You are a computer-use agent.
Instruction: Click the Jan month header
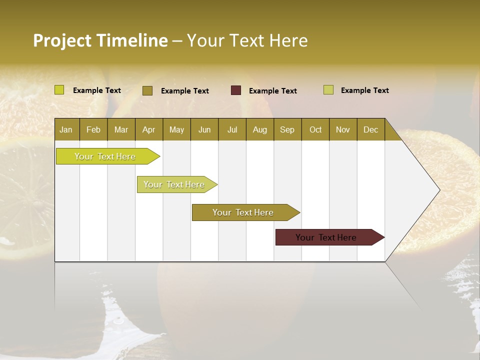click(x=66, y=129)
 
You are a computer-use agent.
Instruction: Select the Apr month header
click(x=149, y=129)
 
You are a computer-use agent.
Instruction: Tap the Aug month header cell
click(x=260, y=129)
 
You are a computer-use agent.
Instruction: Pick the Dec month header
click(x=370, y=129)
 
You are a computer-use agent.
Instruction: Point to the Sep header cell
click(x=287, y=129)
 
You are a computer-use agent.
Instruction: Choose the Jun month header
click(x=204, y=129)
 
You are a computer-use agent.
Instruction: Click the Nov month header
click(x=343, y=129)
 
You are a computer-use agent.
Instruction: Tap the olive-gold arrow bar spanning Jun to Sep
click(x=243, y=212)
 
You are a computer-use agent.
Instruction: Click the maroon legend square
click(x=236, y=90)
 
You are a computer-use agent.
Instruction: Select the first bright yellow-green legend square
click(x=59, y=90)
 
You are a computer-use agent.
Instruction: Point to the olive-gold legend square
click(x=147, y=90)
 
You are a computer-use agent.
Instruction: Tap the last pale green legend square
click(x=328, y=90)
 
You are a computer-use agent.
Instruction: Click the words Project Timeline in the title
click(x=100, y=40)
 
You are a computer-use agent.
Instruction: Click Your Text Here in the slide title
click(x=247, y=40)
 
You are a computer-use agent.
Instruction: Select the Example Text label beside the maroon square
click(x=273, y=91)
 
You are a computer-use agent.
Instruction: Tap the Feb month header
click(x=93, y=129)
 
